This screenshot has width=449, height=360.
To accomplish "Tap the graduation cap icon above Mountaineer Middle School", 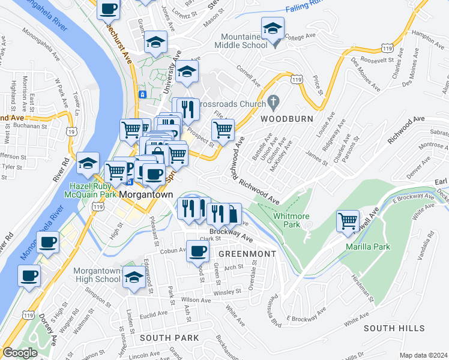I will click(273, 28).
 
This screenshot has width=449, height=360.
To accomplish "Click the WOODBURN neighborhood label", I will click(287, 119).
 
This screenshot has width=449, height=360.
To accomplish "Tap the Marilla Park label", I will click(367, 247).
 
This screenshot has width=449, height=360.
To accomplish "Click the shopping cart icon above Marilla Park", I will click(348, 220).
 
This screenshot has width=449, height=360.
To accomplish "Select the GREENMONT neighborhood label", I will click(246, 254).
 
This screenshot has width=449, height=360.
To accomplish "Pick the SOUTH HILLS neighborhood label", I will click(394, 328).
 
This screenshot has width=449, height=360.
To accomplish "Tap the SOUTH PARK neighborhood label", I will click(169, 338).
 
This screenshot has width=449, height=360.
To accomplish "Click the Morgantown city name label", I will click(146, 196).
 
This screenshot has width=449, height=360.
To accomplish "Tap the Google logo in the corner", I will click(20, 353).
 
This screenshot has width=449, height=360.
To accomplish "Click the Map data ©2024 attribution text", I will click(423, 355).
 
